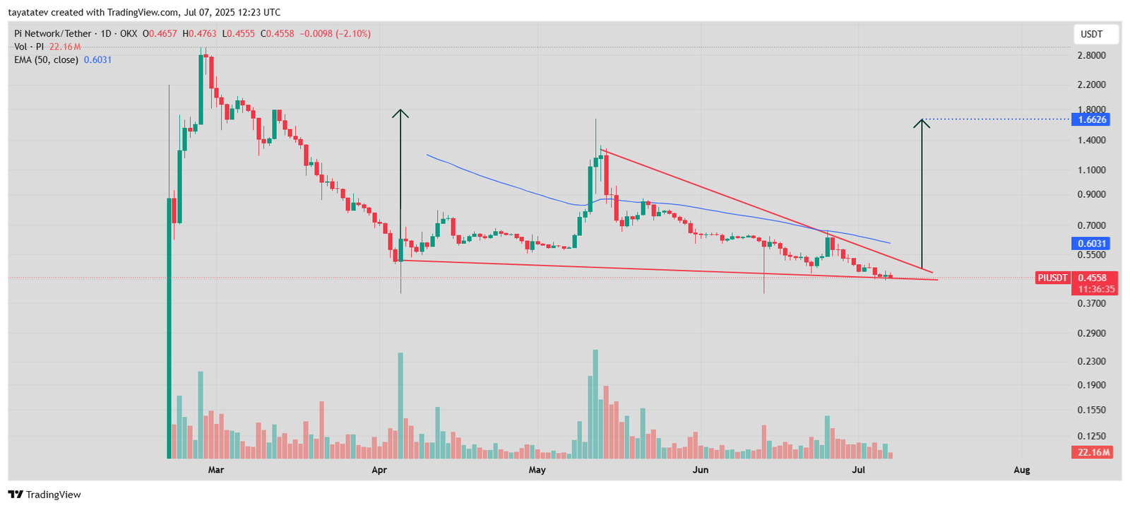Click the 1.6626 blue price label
[1092, 119]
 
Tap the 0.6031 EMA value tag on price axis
[1092, 244]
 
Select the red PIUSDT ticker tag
[1052, 278]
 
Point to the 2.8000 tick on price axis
[1092, 56]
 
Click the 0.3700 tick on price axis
[1092, 303]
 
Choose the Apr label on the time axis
[379, 470]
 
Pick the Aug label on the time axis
[1021, 470]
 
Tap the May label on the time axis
[537, 470]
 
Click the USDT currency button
[1092, 34]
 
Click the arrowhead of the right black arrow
[921, 123]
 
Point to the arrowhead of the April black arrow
[400, 113]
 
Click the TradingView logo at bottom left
[44, 495]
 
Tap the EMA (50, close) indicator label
[46, 60]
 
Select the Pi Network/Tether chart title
[53, 33]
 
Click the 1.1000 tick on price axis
[1092, 170]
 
